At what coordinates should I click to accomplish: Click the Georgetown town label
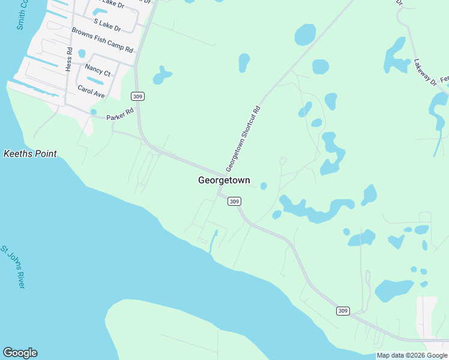pyautogui.click(x=224, y=180)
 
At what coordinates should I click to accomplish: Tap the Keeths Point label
pyautogui.click(x=30, y=154)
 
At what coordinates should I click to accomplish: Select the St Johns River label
pyautogui.click(x=13, y=266)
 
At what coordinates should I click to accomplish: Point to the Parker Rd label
pyautogui.click(x=119, y=117)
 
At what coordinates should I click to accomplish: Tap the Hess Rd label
pyautogui.click(x=70, y=59)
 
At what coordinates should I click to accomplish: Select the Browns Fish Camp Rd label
pyautogui.click(x=102, y=40)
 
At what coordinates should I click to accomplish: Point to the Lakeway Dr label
pyautogui.click(x=425, y=73)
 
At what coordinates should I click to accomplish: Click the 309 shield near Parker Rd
pyautogui.click(x=138, y=97)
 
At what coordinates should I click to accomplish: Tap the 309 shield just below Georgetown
pyautogui.click(x=235, y=202)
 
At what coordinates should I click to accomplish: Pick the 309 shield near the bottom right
pyautogui.click(x=342, y=310)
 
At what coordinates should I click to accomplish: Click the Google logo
pyautogui.click(x=20, y=353)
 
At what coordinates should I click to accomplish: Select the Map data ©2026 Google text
pyautogui.click(x=412, y=356)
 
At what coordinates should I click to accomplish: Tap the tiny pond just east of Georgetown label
pyautogui.click(x=264, y=186)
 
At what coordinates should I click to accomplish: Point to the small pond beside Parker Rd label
pyautogui.click(x=94, y=112)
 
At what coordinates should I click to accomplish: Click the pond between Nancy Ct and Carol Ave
pyautogui.click(x=95, y=80)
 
